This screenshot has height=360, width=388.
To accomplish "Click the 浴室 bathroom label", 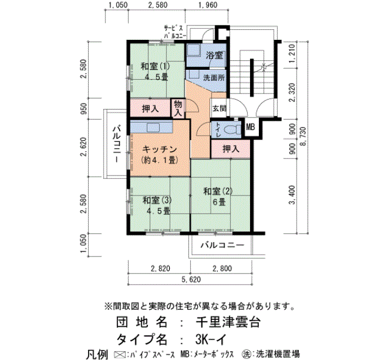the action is pos(215,55).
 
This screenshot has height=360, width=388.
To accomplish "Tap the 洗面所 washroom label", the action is pos(214,78).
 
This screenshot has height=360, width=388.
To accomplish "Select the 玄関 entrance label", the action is pos(219,109).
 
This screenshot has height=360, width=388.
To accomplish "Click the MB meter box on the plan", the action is pos(251,127).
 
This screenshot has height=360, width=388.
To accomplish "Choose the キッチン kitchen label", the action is pos(160,150).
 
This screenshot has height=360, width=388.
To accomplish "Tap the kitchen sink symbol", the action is pos(154,128).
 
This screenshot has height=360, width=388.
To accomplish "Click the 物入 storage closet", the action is pos(178,109).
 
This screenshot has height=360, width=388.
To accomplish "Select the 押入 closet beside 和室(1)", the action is pos(150,109).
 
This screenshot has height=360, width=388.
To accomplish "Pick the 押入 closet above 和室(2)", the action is pos(231,149).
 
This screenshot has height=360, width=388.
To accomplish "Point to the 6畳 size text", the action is pos(219,202).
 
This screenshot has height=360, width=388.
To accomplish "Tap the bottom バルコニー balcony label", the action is pos(222,245).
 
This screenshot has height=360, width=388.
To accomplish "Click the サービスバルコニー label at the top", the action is pos(175,32).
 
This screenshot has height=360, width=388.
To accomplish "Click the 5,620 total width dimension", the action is pos(191,280).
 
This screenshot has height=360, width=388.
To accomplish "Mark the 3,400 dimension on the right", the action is pos(292,194).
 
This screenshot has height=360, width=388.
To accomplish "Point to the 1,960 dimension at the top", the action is pos(207,5).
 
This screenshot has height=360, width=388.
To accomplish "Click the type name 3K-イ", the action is pos(210,339).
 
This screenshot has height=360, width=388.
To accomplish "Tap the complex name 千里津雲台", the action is pos(228,322).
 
